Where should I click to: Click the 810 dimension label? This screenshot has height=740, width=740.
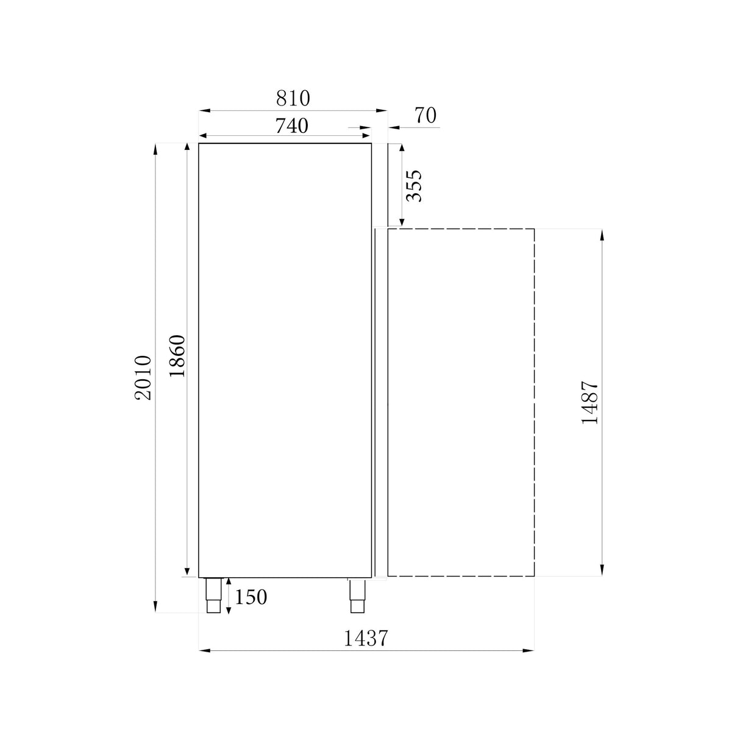[x=293, y=98]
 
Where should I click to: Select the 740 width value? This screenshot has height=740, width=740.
[x=292, y=126]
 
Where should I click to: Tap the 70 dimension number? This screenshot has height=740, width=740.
[x=425, y=115]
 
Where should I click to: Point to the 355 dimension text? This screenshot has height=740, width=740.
[x=414, y=185]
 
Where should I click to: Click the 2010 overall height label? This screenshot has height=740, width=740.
[x=143, y=377]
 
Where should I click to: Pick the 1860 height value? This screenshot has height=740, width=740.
[x=177, y=356]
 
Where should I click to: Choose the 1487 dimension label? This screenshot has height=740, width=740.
[x=590, y=402]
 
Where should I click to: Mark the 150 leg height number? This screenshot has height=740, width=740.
[x=251, y=597]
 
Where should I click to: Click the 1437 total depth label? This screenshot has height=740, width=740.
[x=366, y=638]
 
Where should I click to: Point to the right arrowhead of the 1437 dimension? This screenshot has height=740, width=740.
[x=530, y=651]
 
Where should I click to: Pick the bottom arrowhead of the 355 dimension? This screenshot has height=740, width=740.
[x=401, y=222]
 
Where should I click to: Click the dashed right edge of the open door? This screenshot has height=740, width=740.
[x=535, y=402]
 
